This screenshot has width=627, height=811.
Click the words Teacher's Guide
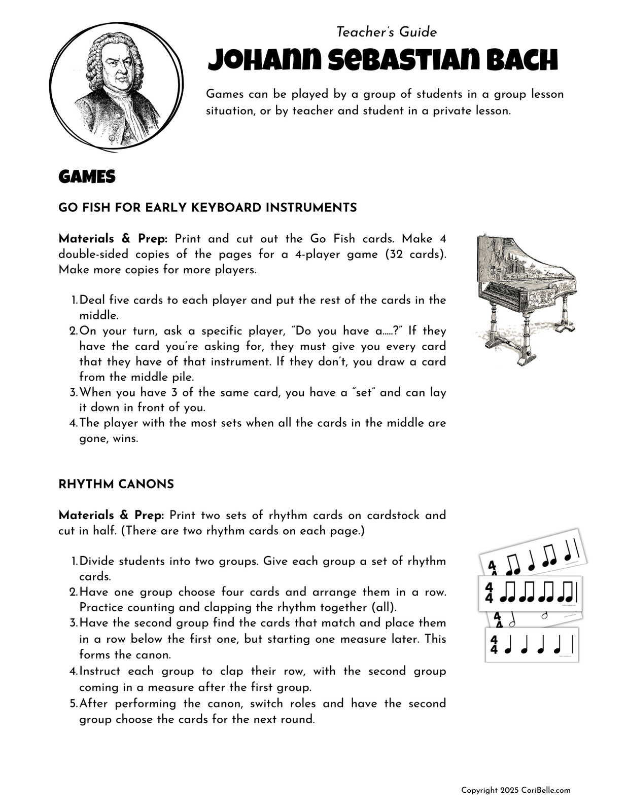387,32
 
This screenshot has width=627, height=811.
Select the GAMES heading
87,177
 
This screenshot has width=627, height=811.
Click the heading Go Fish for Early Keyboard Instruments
207,208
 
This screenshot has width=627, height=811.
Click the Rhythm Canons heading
116,485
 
